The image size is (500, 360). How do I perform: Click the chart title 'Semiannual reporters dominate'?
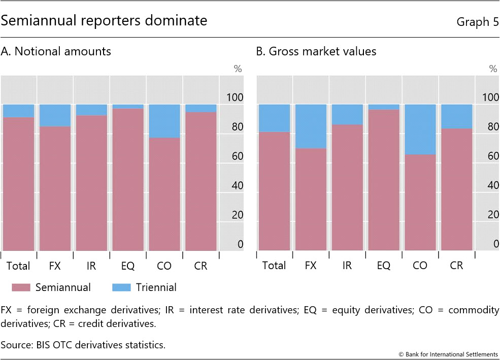pos(104,21)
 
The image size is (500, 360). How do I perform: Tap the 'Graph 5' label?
pos(477,22)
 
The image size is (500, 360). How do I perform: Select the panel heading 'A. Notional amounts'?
pos(56,51)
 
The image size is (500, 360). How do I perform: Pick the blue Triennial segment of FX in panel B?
pos(311,126)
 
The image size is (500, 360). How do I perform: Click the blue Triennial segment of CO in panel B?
pos(420,129)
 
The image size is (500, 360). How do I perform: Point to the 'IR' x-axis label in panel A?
pos(91,266)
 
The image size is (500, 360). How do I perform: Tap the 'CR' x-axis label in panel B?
pos(456,266)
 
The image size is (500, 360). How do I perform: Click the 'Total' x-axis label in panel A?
pos(18,266)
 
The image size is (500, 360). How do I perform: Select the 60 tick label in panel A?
pos(238,156)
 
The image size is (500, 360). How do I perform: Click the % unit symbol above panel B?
pos(492,69)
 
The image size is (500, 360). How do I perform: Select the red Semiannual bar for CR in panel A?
pos(201,181)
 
